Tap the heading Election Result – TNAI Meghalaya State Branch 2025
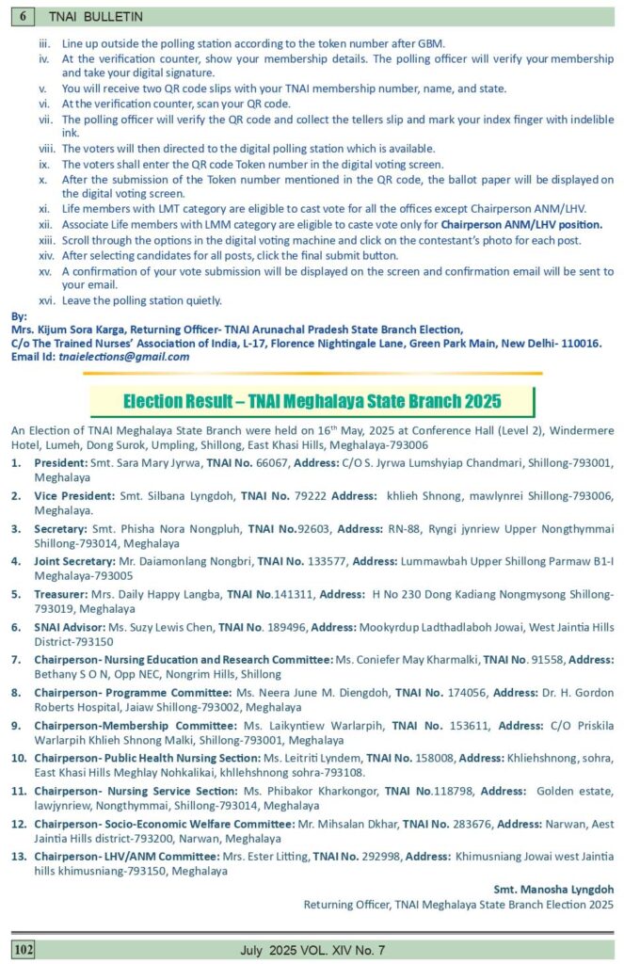[312, 401]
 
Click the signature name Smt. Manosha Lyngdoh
[553, 889]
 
